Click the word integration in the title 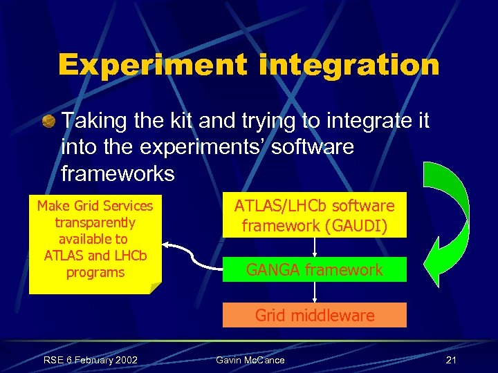click(344, 65)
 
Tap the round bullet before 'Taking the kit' click(50, 122)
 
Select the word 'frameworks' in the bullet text click(118, 173)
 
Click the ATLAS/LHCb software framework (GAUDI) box click(314, 216)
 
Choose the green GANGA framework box click(314, 269)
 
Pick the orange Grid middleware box click(314, 315)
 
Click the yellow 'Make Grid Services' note click(95, 239)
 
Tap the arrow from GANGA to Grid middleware click(315, 293)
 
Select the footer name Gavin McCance click(250, 360)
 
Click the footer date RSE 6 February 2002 click(90, 360)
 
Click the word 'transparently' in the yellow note click(95, 222)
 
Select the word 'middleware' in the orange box click(337, 315)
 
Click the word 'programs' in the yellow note click(95, 272)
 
